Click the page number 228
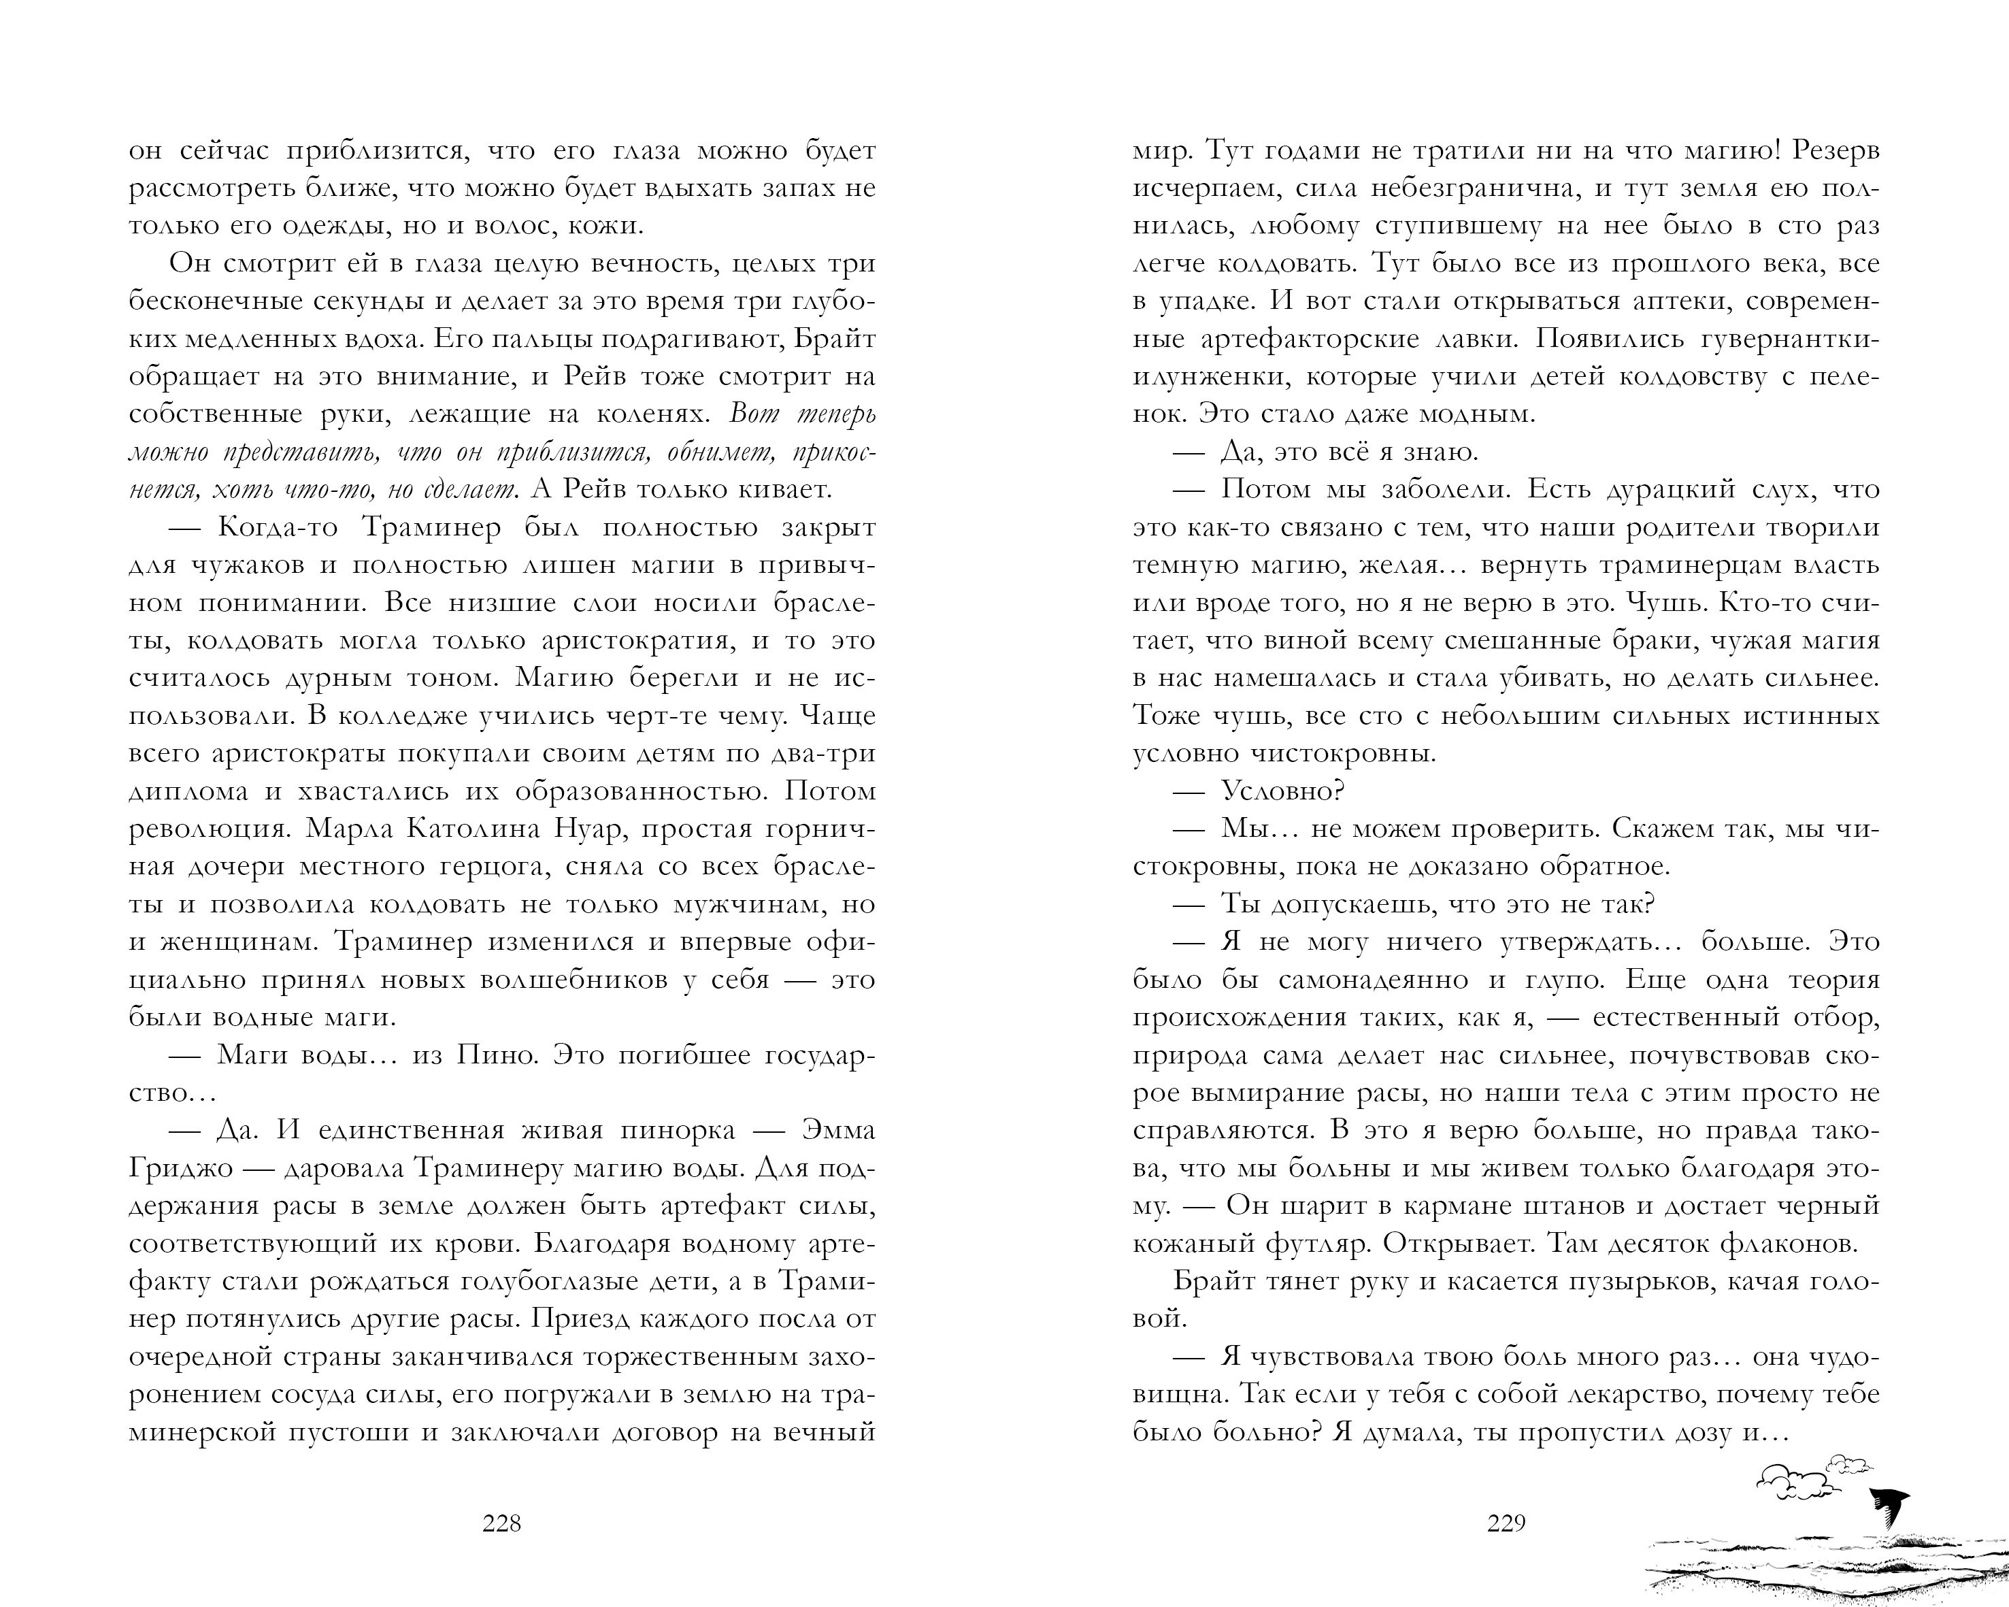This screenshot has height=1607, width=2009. (501, 1523)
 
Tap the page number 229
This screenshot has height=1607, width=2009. (1506, 1523)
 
